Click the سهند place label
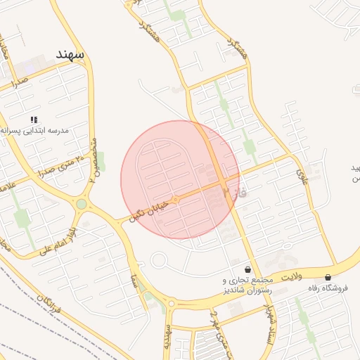[71, 54]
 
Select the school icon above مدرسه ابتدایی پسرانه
[34, 120]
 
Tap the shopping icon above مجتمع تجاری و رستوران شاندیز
[247, 269]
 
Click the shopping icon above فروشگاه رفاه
[328, 277]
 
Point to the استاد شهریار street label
[266, 324]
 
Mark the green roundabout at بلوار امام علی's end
[82, 205]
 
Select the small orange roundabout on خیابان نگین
[175, 200]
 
